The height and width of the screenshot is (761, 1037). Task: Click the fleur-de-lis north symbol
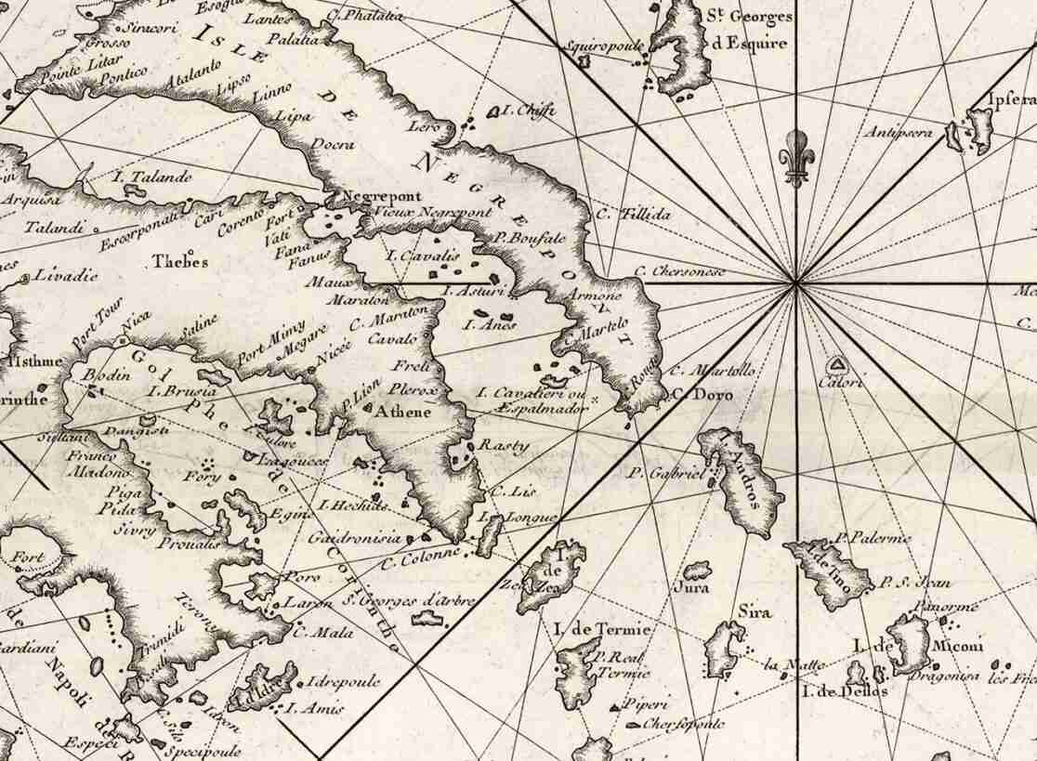794,157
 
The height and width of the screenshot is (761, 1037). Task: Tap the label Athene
402,411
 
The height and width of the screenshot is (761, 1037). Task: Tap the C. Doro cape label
702,395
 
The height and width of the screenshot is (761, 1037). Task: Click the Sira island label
749,611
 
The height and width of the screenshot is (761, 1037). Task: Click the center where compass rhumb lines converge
796,283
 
